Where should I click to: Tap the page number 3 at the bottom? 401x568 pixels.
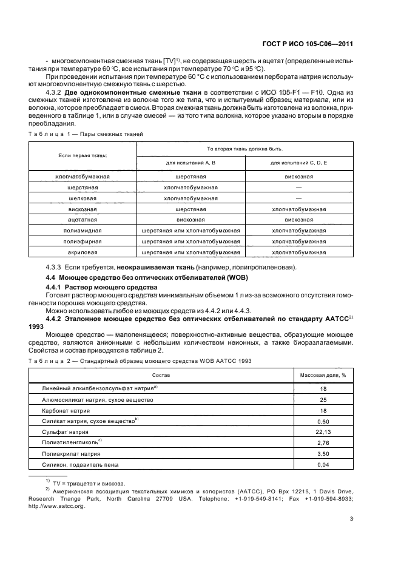[x=352, y=518]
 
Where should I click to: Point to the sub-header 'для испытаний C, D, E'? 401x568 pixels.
[x=298, y=163]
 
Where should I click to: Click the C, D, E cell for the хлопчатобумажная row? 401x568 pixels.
[x=298, y=177]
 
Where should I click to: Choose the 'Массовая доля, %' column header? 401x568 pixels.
[x=323, y=375]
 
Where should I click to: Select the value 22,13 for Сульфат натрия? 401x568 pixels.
[x=323, y=431]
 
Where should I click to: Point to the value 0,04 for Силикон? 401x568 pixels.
[x=323, y=464]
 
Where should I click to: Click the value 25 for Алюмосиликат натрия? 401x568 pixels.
[x=323, y=399]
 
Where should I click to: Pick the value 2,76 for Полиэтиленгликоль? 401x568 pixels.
[x=323, y=442]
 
